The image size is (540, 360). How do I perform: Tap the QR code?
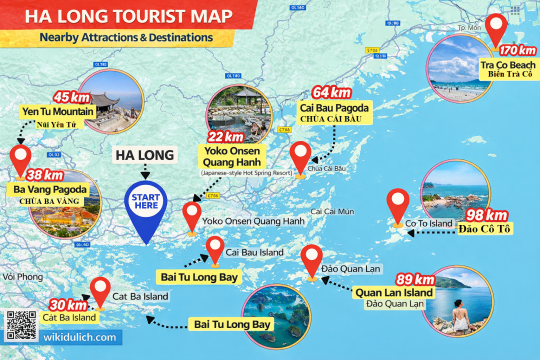tap(18, 322)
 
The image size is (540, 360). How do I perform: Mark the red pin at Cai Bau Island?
tap(215, 249)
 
